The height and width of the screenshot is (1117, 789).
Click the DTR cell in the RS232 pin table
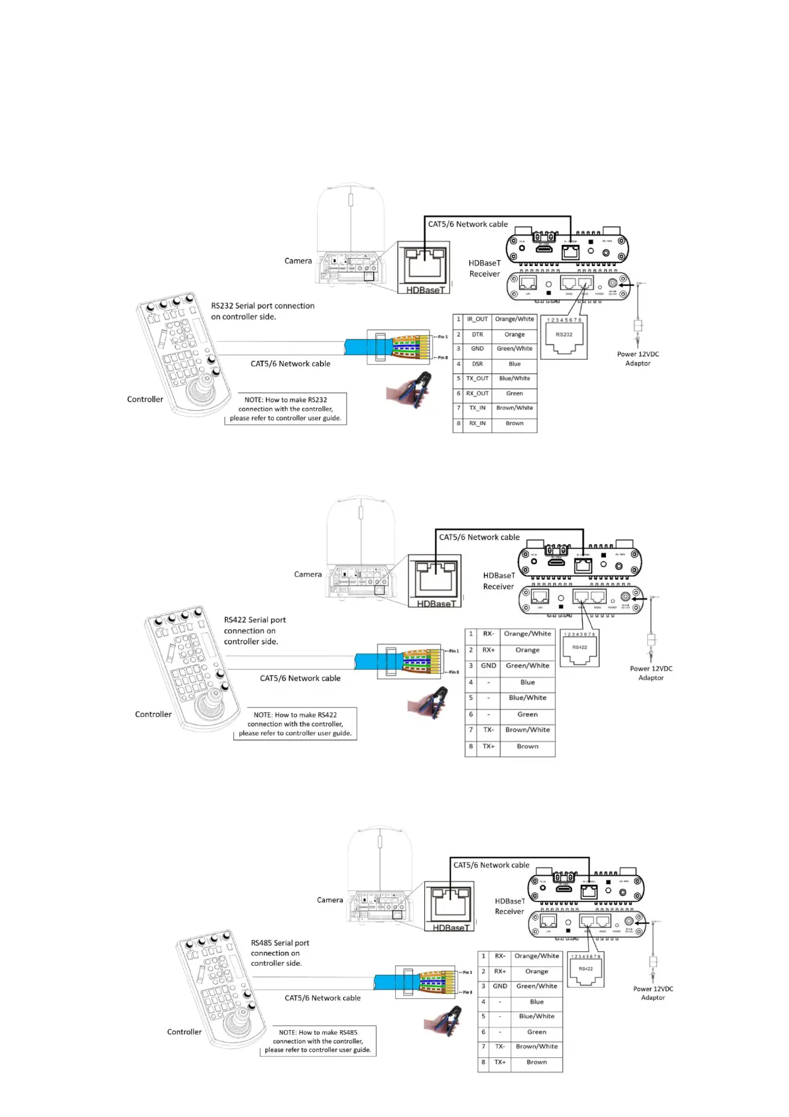pyautogui.click(x=477, y=334)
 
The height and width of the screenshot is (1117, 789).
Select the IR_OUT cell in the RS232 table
pyautogui.click(x=477, y=319)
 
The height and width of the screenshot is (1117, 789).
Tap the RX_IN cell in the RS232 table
pyautogui.click(x=477, y=423)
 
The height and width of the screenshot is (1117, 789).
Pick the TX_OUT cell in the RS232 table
pyautogui.click(x=477, y=379)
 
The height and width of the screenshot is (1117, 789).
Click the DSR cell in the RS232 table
pyautogui.click(x=477, y=364)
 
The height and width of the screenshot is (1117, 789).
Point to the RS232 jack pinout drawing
pyautogui.click(x=564, y=336)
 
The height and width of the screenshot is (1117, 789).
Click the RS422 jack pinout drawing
pyautogui.click(x=579, y=648)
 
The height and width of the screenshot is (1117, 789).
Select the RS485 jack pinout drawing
pyautogui.click(x=585, y=970)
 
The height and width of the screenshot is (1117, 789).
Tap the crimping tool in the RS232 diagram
pyautogui.click(x=410, y=388)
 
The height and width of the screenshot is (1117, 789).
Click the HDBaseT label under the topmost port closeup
pyautogui.click(x=426, y=290)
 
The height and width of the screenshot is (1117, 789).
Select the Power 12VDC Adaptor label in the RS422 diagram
pyautogui.click(x=651, y=673)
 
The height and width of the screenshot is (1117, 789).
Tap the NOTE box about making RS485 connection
pyautogui.click(x=318, y=1041)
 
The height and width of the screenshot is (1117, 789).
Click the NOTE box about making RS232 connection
pyautogui.click(x=285, y=409)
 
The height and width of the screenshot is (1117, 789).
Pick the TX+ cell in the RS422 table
pyautogui.click(x=489, y=746)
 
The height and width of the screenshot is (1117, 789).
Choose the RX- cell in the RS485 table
pyautogui.click(x=500, y=956)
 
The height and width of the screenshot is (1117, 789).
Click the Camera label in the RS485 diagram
pyautogui.click(x=330, y=900)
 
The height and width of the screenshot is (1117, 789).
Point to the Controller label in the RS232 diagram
pyautogui.click(x=145, y=399)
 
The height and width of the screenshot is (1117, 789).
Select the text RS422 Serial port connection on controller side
pyautogui.click(x=255, y=631)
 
